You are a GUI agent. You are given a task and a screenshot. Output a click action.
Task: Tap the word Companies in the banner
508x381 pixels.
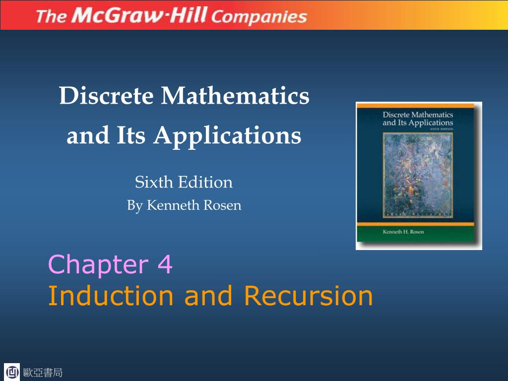tap(259, 17)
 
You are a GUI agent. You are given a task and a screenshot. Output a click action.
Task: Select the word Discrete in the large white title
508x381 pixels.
tap(106, 96)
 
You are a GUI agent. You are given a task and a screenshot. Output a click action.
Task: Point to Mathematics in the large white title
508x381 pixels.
tap(235, 96)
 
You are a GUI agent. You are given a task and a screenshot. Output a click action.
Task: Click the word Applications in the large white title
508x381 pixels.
tap(227, 135)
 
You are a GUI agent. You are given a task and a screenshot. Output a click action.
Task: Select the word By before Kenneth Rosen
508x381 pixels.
tap(134, 205)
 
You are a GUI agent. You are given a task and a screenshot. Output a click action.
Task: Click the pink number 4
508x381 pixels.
tap(165, 265)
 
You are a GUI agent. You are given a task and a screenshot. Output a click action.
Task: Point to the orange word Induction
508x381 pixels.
tap(111, 296)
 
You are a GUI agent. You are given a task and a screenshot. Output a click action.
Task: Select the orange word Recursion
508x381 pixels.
tap(308, 296)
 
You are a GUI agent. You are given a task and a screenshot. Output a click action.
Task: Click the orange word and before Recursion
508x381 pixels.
tap(208, 296)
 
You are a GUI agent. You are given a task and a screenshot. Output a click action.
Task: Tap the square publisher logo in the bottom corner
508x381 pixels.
tap(12, 372)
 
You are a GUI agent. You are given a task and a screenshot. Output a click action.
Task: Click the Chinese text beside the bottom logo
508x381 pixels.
tap(43, 373)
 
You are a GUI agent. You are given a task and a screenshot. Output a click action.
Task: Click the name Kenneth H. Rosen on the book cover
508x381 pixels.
tap(403, 232)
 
